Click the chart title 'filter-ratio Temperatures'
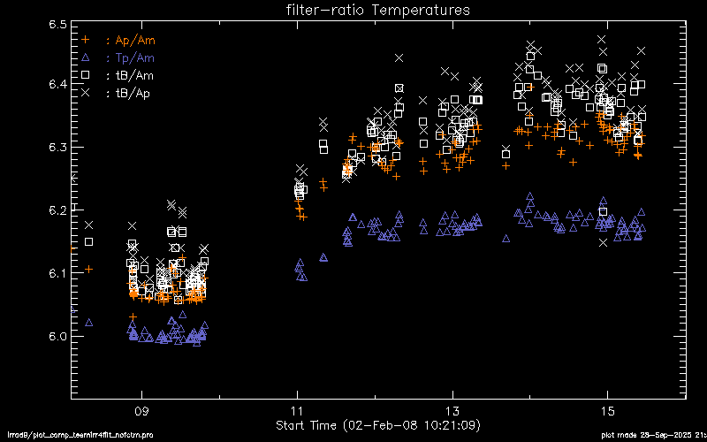[x=377, y=11]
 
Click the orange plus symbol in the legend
[x=86, y=40]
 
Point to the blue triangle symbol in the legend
[x=86, y=57]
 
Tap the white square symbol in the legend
[x=86, y=75]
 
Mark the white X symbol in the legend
[x=86, y=93]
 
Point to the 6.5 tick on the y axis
[x=58, y=25]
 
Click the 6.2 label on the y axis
[x=58, y=210]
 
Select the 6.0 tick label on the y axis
[x=58, y=337]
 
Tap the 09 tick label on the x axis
[x=141, y=412]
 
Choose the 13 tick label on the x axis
[x=452, y=412]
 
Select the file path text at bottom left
[x=53, y=436]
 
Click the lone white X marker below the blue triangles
[x=603, y=242]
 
